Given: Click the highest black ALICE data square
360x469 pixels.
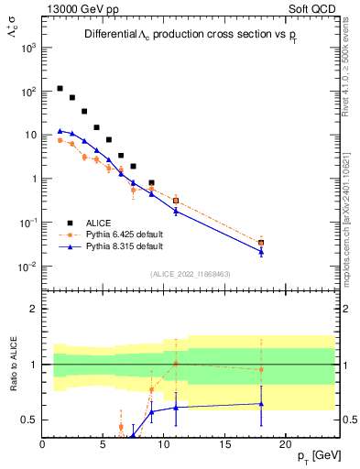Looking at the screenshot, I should point(60,89).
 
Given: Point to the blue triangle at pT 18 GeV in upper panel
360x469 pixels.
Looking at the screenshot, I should point(261,251).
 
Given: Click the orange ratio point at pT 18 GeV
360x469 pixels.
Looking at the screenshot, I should point(261,369).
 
